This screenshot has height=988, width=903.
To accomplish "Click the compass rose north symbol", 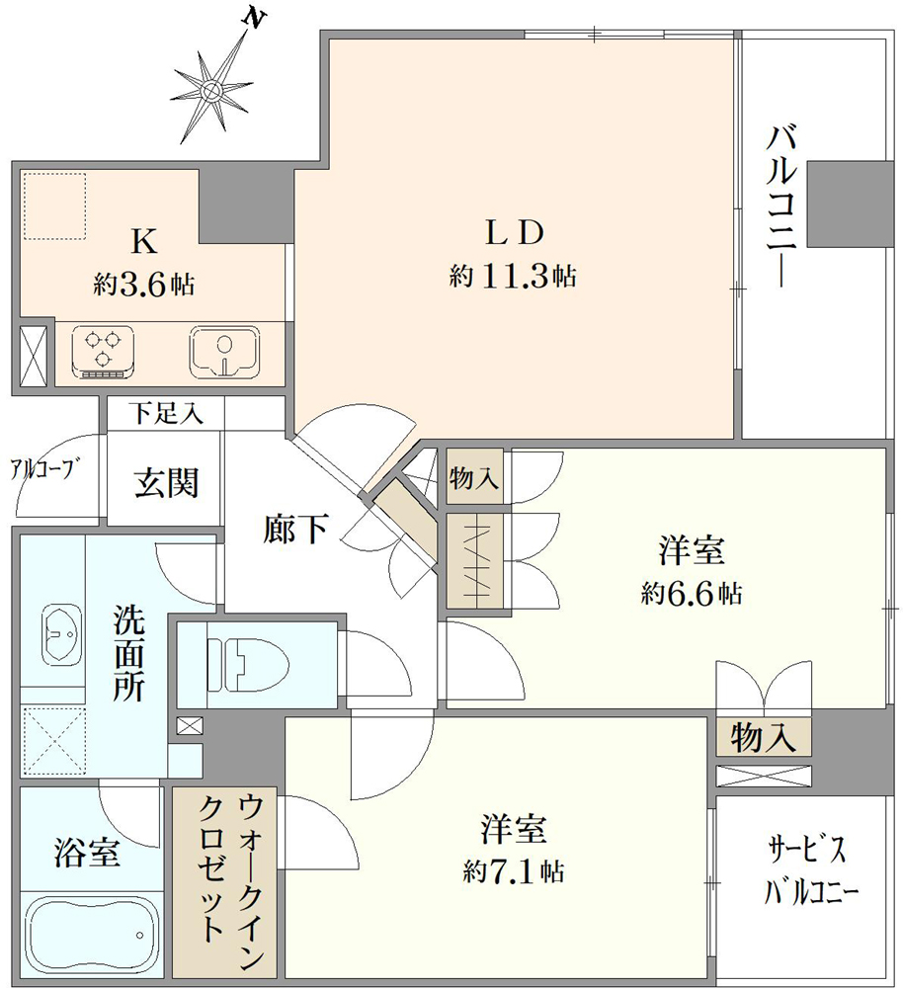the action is (212, 88).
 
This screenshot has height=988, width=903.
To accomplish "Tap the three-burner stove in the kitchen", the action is (103, 351).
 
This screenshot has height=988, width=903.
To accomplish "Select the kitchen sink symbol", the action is (224, 351).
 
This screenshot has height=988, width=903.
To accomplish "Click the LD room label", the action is (514, 233).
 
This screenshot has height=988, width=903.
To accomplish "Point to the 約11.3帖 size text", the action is (513, 276).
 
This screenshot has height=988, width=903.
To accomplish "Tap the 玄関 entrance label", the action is (166, 483).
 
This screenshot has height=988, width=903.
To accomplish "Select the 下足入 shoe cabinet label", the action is (166, 413).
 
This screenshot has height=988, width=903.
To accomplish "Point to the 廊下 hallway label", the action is (295, 528).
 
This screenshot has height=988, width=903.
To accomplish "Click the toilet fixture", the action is (247, 664).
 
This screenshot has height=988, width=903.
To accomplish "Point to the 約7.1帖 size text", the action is (513, 872).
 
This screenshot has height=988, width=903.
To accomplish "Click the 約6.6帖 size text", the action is (692, 594).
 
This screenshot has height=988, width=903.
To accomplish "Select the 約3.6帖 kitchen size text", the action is (144, 285).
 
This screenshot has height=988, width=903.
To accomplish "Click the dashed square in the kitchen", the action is (54, 206).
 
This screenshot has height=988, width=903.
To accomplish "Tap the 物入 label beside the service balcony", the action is (763, 737).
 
